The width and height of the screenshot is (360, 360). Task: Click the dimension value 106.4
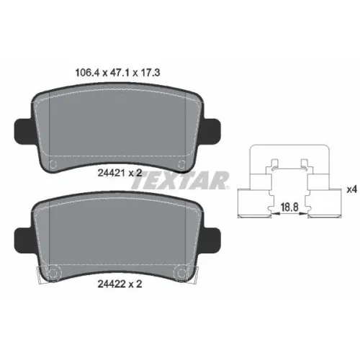[87, 73]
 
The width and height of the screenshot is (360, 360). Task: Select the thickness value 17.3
[150, 73]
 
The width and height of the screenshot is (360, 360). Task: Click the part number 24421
[112, 173]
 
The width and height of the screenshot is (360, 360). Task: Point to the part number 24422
[112, 284]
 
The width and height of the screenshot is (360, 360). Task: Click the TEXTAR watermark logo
[180, 180]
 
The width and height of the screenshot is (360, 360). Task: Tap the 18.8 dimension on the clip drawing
[289, 207]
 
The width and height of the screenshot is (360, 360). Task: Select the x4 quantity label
[352, 189]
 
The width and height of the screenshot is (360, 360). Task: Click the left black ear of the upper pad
[24, 130]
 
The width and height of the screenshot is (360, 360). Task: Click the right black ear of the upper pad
[212, 130]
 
